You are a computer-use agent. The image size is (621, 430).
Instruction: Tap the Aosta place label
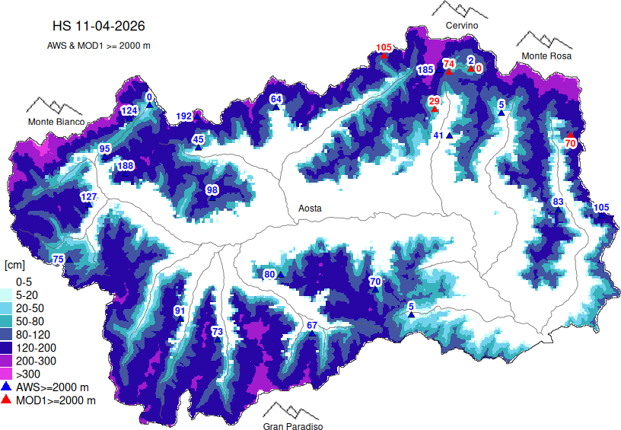[x=308, y=209]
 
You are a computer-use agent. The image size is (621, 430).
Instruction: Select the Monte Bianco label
[x=56, y=122]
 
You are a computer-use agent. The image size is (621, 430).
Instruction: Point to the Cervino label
[x=462, y=26]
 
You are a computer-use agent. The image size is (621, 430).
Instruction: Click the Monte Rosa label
[x=546, y=56]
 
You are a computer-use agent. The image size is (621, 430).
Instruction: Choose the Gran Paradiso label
[x=293, y=427]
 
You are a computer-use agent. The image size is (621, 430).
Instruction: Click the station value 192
[x=184, y=116]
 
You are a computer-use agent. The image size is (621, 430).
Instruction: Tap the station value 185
[x=425, y=70]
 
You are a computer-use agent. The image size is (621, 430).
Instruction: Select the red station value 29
[x=434, y=101]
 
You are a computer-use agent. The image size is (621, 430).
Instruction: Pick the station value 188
[x=126, y=166]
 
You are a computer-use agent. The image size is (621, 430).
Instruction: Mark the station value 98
[x=212, y=190]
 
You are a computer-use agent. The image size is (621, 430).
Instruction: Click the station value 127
[x=88, y=197]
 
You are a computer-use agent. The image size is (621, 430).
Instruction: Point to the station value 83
[x=558, y=202]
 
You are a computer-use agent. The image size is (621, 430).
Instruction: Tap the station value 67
[x=311, y=326]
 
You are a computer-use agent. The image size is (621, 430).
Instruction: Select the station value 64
[x=276, y=99]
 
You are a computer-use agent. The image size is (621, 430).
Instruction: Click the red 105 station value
[x=384, y=48]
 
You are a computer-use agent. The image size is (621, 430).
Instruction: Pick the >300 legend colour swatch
[x=8, y=374]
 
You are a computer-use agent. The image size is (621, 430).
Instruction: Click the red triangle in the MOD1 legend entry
[x=7, y=400]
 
